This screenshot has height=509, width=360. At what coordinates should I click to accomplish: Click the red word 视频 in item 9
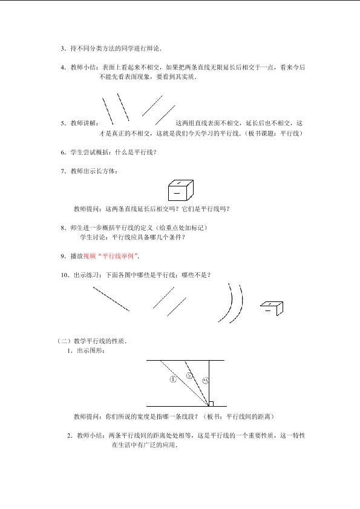coord(90,256)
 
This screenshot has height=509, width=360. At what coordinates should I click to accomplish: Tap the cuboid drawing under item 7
coord(181,190)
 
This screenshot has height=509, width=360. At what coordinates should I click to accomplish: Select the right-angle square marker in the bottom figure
coord(211,404)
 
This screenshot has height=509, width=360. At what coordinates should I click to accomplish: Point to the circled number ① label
coord(173,379)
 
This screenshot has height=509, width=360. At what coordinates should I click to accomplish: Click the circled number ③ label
coord(206,380)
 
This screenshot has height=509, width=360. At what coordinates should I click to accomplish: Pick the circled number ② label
coord(189,376)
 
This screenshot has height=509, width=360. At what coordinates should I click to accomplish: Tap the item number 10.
coord(64,275)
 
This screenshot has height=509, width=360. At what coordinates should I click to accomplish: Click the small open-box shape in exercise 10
coord(272,308)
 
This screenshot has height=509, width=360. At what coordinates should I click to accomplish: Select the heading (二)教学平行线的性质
coord(92,341)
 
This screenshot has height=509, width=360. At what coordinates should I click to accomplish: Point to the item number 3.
coord(62,48)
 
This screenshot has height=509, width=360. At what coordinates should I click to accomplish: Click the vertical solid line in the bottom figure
coord(209,383)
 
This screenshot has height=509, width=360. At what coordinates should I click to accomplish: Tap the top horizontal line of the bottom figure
coord(185,360)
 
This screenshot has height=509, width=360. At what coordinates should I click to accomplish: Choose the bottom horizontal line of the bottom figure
coord(186,406)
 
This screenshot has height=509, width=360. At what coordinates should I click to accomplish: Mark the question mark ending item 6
coord(155,153)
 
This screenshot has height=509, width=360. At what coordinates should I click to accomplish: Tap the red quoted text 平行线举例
coord(118,256)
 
